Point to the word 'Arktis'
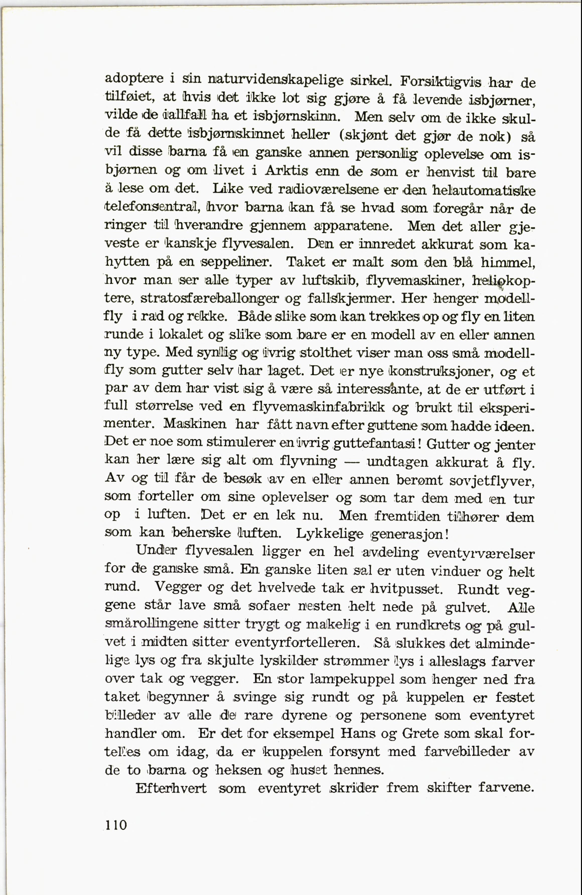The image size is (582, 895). pos(286,171)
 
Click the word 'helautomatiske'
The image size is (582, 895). pos(485,190)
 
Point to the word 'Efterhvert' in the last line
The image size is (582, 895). pos(171,788)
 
